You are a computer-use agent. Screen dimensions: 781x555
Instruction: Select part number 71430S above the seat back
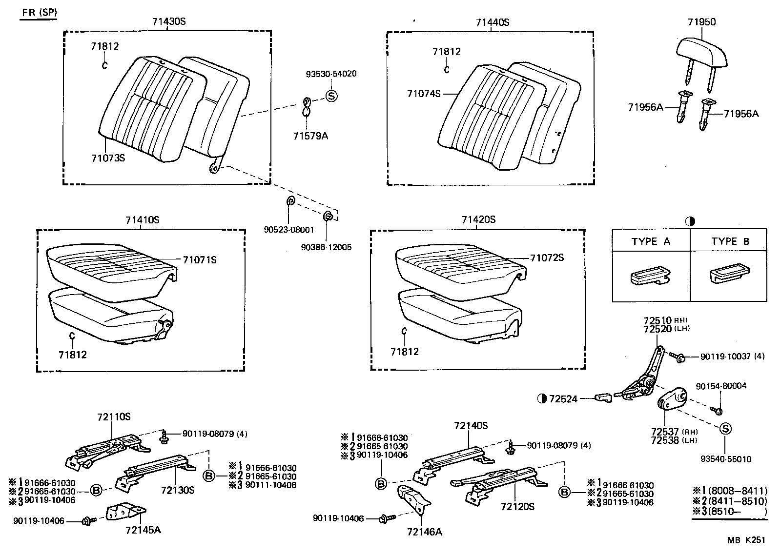pos(169,21)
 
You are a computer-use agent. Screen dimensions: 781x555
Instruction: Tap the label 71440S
pos(493,22)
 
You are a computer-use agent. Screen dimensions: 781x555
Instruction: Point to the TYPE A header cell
pos(651,241)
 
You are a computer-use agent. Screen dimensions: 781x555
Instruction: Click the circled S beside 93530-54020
pos(331,96)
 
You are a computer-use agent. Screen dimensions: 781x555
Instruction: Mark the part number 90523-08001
pos(288,230)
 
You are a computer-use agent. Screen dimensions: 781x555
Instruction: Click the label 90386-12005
pos(327,247)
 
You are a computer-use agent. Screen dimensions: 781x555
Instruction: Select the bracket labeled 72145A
pos(126,512)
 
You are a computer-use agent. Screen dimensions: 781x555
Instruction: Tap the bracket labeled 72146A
pos(414,499)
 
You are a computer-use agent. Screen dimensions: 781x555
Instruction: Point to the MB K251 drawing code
pos(746,540)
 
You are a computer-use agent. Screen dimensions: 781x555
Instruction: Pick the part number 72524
pos(563,399)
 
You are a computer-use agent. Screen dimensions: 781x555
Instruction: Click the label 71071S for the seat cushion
pos(200,260)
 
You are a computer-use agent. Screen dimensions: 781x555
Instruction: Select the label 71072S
pos(547,258)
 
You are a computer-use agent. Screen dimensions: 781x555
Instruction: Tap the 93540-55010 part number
pos(726,459)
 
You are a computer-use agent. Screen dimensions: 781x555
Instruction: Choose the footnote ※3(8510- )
pos(730,512)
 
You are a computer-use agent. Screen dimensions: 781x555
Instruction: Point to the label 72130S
pos(178,490)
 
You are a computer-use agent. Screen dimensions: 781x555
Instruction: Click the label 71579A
pos(310,136)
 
